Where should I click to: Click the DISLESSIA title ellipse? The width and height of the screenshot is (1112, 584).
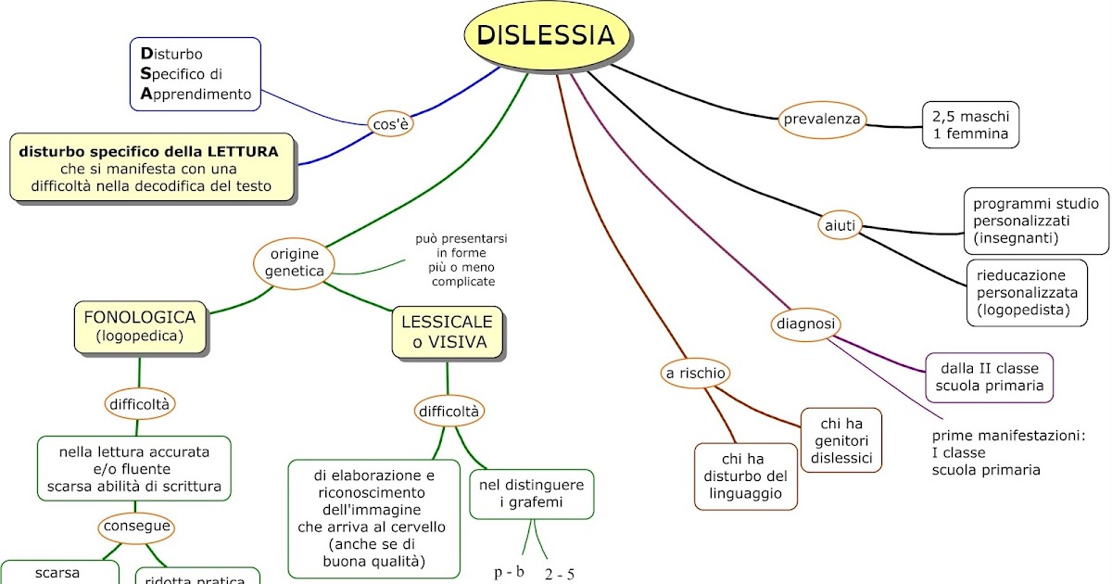(547, 36)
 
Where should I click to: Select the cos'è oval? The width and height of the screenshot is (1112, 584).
(390, 123)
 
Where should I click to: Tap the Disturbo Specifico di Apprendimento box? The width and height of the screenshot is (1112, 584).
(196, 74)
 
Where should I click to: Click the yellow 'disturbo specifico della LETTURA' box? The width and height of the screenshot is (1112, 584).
(152, 168)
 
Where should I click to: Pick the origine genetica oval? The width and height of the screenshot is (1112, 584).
(294, 263)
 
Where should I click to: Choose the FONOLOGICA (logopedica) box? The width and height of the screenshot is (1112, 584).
(140, 325)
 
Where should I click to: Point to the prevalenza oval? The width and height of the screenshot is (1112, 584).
(822, 119)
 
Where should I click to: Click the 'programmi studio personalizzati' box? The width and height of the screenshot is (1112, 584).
(1035, 221)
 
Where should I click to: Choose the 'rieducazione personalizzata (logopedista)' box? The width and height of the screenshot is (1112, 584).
(1026, 293)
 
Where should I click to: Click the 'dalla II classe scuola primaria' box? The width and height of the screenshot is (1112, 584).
(990, 377)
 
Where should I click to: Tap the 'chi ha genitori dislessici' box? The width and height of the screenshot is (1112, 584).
(840, 440)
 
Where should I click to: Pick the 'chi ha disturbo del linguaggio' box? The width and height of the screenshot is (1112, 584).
(746, 476)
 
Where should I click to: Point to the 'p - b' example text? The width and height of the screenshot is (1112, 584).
(509, 571)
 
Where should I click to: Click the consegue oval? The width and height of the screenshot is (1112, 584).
(137, 527)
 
